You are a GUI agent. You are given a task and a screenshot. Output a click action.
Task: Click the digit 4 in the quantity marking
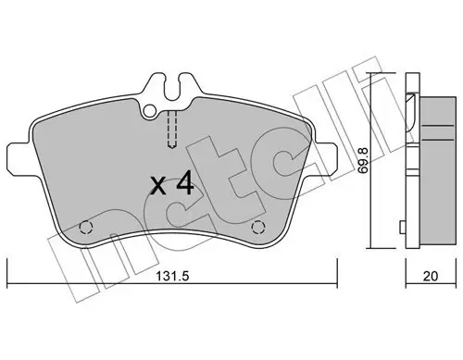point(183,185)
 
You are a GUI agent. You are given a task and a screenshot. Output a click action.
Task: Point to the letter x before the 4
point(158,188)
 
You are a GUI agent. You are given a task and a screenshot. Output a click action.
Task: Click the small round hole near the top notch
point(149,112)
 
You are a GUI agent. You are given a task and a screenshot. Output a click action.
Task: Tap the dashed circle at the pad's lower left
point(87,225)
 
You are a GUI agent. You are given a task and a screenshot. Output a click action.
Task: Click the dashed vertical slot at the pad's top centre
point(172,130)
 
